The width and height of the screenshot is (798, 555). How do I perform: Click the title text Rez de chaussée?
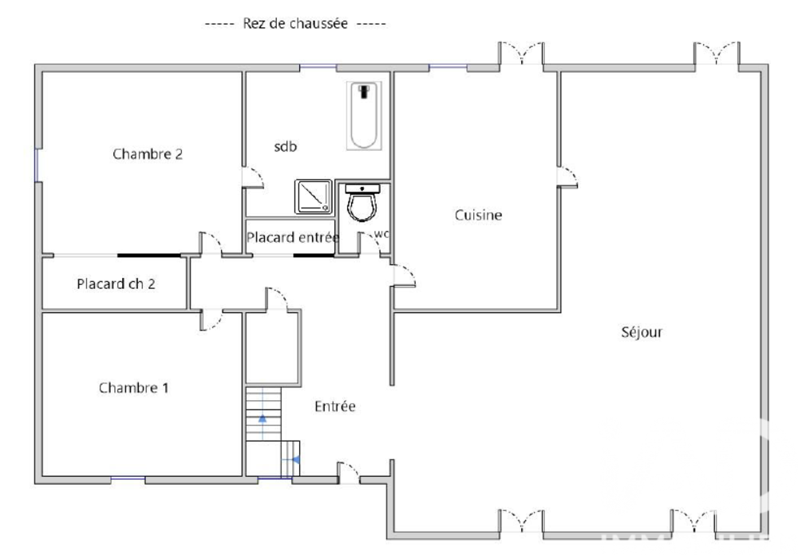(295, 24)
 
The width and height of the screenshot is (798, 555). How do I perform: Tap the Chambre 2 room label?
(148, 154)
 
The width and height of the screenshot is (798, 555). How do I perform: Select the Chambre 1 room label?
(133, 388)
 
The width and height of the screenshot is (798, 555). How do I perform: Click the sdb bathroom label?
(286, 146)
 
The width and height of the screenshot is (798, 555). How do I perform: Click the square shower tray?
(314, 196)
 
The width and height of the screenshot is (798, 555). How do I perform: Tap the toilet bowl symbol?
(364, 204)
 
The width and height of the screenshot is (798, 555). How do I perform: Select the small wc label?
(381, 234)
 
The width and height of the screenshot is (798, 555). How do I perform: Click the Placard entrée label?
(292, 237)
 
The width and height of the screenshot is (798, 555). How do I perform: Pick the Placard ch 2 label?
(116, 283)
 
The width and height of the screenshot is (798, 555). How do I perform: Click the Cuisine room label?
(478, 215)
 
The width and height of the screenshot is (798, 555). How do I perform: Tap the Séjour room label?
(642, 332)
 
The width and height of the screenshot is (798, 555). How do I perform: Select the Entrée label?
(334, 406)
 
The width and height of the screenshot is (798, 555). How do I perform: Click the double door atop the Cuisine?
(523, 54)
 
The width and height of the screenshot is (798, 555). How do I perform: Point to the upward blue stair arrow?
(262, 417)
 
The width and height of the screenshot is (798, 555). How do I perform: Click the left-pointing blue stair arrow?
(295, 459)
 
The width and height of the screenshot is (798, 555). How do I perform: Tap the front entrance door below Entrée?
(348, 473)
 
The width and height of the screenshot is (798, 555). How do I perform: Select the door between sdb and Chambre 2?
(253, 177)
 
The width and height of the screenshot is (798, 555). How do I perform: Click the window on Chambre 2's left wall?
(37, 164)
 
